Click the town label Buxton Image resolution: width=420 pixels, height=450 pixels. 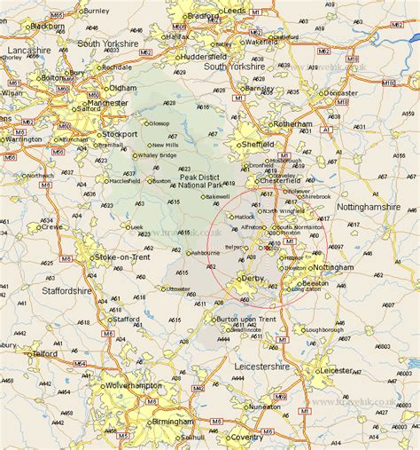click(x=162, y=180)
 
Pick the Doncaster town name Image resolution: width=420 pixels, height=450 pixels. click(x=340, y=92)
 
